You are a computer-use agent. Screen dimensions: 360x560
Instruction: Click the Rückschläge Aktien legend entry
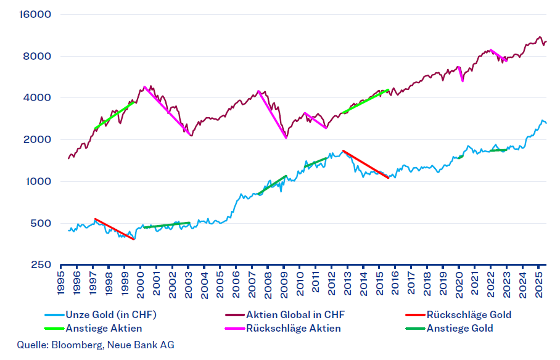click(293, 328)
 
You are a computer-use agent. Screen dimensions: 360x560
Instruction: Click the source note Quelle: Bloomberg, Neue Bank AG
click(96, 345)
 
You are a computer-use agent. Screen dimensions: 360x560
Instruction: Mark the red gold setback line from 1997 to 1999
click(114, 229)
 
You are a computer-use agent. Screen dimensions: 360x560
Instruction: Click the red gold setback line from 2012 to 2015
click(365, 164)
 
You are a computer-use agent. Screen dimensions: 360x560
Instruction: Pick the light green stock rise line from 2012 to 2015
click(364, 102)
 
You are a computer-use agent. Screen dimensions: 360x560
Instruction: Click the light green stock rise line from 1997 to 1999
click(114, 115)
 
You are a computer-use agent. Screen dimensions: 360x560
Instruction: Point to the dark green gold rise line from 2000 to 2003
click(167, 225)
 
